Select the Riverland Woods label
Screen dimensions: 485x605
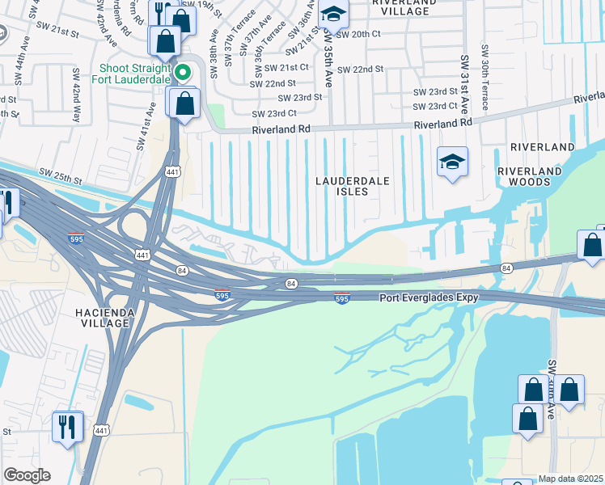pyautogui.click(x=530, y=176)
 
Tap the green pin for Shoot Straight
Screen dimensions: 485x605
pyautogui.click(x=184, y=74)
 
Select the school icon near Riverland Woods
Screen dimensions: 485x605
pyautogui.click(x=452, y=162)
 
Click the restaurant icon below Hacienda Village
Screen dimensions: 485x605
pyautogui.click(x=67, y=426)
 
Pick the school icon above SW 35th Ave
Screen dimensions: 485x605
pyautogui.click(x=332, y=14)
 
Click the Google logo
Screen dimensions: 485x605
pyautogui.click(x=27, y=475)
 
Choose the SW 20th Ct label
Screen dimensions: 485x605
pyautogui.click(x=357, y=34)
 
